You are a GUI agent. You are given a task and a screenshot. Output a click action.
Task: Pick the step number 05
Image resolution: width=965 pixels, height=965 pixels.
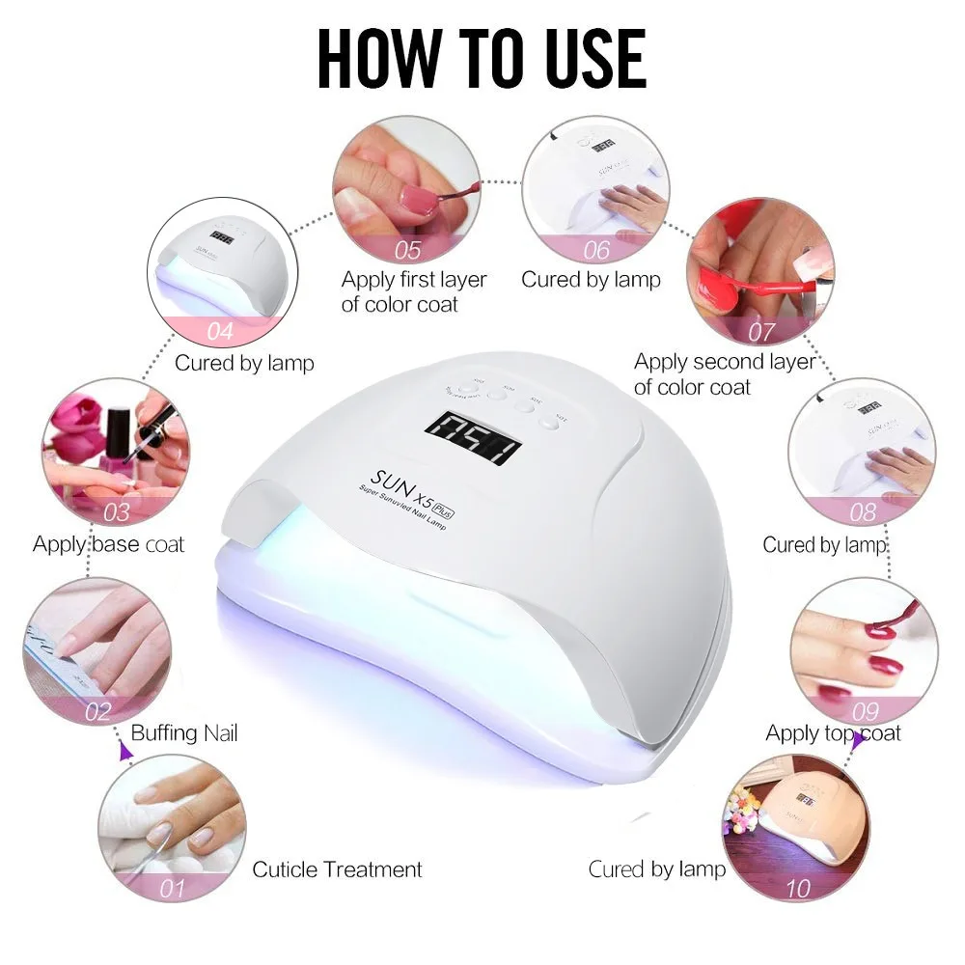click(408, 251)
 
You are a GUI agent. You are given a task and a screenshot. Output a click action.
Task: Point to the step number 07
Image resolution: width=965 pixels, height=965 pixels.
click(761, 333)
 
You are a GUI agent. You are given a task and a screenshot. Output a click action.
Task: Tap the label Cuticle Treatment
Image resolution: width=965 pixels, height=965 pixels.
click(337, 869)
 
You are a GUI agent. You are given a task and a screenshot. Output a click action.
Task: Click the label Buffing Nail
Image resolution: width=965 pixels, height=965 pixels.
click(183, 733)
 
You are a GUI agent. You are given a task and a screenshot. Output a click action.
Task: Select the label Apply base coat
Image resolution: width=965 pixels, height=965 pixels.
click(108, 543)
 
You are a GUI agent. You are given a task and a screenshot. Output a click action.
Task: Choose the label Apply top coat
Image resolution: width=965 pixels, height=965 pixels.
click(833, 733)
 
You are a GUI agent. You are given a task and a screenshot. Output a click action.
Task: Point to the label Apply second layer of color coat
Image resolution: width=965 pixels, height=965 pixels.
click(724, 374)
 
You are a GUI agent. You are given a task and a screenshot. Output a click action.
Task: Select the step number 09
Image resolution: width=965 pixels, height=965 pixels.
click(865, 712)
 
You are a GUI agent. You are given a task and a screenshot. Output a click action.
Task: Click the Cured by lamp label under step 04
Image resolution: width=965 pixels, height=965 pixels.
click(244, 364)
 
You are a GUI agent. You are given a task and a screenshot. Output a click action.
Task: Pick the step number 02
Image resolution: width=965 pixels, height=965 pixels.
click(98, 712)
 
